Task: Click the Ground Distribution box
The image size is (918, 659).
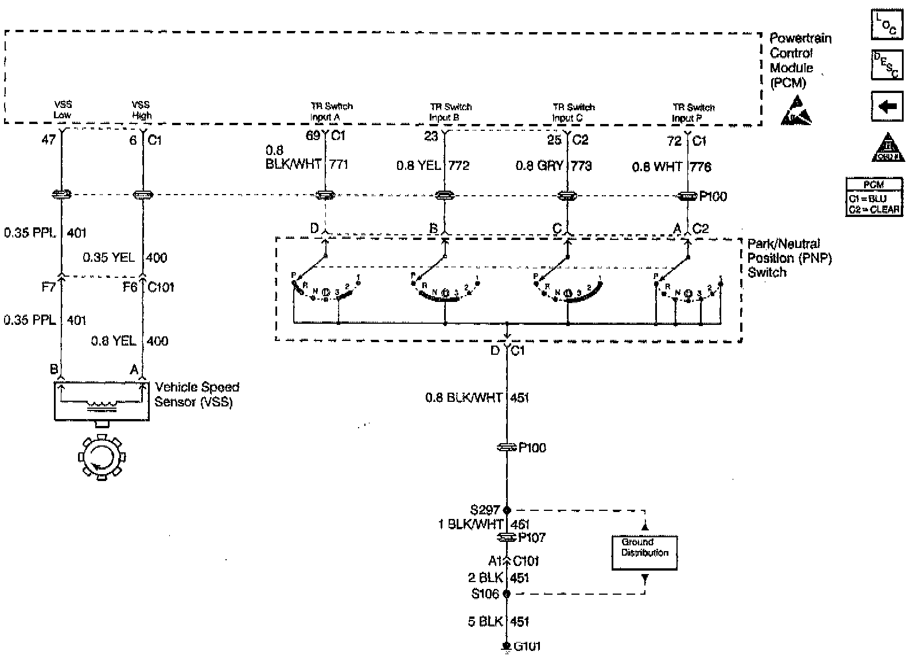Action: [x=644, y=552]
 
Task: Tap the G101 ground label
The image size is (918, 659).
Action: [x=527, y=646]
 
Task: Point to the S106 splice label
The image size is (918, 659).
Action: [x=485, y=594]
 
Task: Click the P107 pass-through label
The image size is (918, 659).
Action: [x=532, y=537]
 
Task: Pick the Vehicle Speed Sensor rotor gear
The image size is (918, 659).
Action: [x=101, y=458]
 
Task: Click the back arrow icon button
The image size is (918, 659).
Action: [x=886, y=106]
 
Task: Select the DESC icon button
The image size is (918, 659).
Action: [x=886, y=64]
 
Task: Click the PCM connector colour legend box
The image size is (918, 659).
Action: [x=874, y=196]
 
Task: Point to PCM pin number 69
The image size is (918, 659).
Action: [x=313, y=137]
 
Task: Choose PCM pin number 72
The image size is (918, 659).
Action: [x=675, y=141]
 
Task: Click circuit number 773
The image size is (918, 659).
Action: [x=581, y=166]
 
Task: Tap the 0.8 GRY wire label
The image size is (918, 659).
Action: [x=539, y=166]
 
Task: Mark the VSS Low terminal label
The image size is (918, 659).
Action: [x=63, y=110]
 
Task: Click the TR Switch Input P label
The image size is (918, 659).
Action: [x=693, y=113]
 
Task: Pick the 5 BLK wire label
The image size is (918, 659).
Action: [x=485, y=621]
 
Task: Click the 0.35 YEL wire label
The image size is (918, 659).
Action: [x=109, y=257]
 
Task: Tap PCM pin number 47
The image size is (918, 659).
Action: [x=49, y=139]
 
